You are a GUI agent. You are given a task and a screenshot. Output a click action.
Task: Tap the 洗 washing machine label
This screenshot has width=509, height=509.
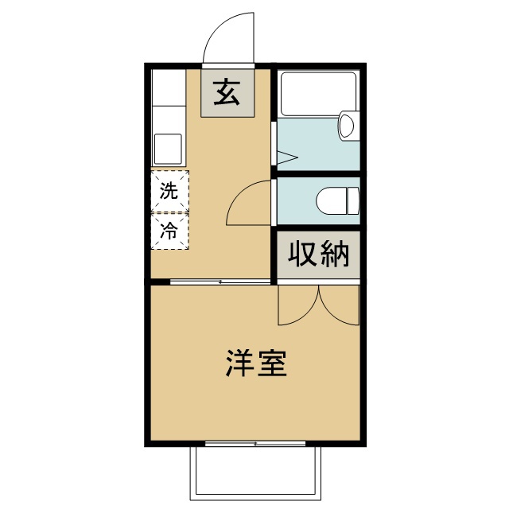pos(168,191)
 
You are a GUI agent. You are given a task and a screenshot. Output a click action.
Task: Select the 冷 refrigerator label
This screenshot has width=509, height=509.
pos(168,231)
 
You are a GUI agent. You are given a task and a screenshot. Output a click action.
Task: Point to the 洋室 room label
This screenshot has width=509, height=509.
pos(255,363)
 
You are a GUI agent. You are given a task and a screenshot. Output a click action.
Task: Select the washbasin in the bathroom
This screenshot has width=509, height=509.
pos(347,126)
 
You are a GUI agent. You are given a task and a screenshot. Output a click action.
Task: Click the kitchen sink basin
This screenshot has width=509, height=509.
pos(168,148)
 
